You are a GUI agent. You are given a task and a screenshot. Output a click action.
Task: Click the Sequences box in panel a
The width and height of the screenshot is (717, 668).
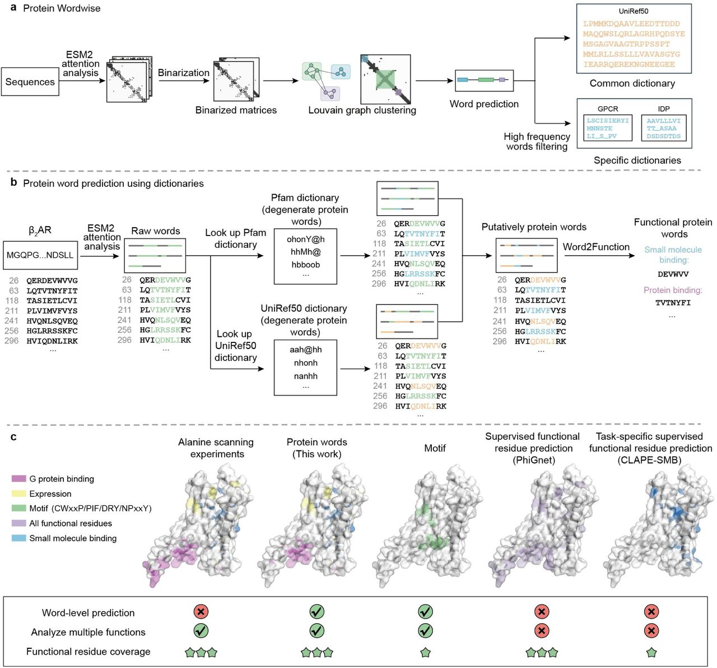coord(30,82)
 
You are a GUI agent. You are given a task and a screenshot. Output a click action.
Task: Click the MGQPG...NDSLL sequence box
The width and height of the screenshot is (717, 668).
coord(40,255)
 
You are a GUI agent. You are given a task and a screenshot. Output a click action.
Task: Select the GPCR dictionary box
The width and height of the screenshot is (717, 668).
coord(608,128)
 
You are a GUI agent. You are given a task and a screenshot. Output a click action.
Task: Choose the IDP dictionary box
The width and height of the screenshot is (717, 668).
coord(664,128)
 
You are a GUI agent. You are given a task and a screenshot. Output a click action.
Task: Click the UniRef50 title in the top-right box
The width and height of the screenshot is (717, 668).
coord(634,11)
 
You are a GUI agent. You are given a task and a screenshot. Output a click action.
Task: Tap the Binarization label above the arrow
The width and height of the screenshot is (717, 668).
coord(183,73)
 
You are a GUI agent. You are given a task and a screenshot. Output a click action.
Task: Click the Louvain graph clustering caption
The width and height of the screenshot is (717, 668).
coord(362,110)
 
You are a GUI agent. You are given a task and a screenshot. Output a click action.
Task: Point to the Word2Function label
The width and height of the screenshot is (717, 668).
coord(596,247)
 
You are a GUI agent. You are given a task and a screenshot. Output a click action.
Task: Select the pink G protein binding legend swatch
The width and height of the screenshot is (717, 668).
coord(19,479)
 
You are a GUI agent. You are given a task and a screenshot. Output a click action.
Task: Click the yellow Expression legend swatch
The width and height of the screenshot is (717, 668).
coord(19,494)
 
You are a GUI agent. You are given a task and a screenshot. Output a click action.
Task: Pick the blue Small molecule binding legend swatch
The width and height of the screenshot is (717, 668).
coord(19,538)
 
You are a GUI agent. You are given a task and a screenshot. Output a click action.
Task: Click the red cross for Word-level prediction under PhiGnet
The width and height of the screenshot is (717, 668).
coord(541,611)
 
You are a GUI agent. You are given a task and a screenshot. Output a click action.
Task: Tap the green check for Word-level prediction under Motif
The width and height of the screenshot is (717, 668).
coord(425,611)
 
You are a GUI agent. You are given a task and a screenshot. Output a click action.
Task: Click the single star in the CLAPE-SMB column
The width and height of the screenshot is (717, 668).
coord(651,652)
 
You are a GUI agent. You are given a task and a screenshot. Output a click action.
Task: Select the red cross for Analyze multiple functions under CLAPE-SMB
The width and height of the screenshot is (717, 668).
coord(651,631)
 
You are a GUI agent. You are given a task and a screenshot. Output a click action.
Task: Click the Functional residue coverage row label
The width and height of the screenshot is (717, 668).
coord(88,652)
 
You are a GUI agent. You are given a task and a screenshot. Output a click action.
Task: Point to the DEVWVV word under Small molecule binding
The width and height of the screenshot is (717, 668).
coord(673,274)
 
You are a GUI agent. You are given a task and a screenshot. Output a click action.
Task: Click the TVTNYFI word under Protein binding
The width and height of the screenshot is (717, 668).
coord(673,303)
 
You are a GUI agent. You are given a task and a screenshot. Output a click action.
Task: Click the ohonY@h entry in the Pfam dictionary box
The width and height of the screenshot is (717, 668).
coord(305,239)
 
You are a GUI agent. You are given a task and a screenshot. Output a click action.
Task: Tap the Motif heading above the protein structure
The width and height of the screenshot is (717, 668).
coord(435,448)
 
